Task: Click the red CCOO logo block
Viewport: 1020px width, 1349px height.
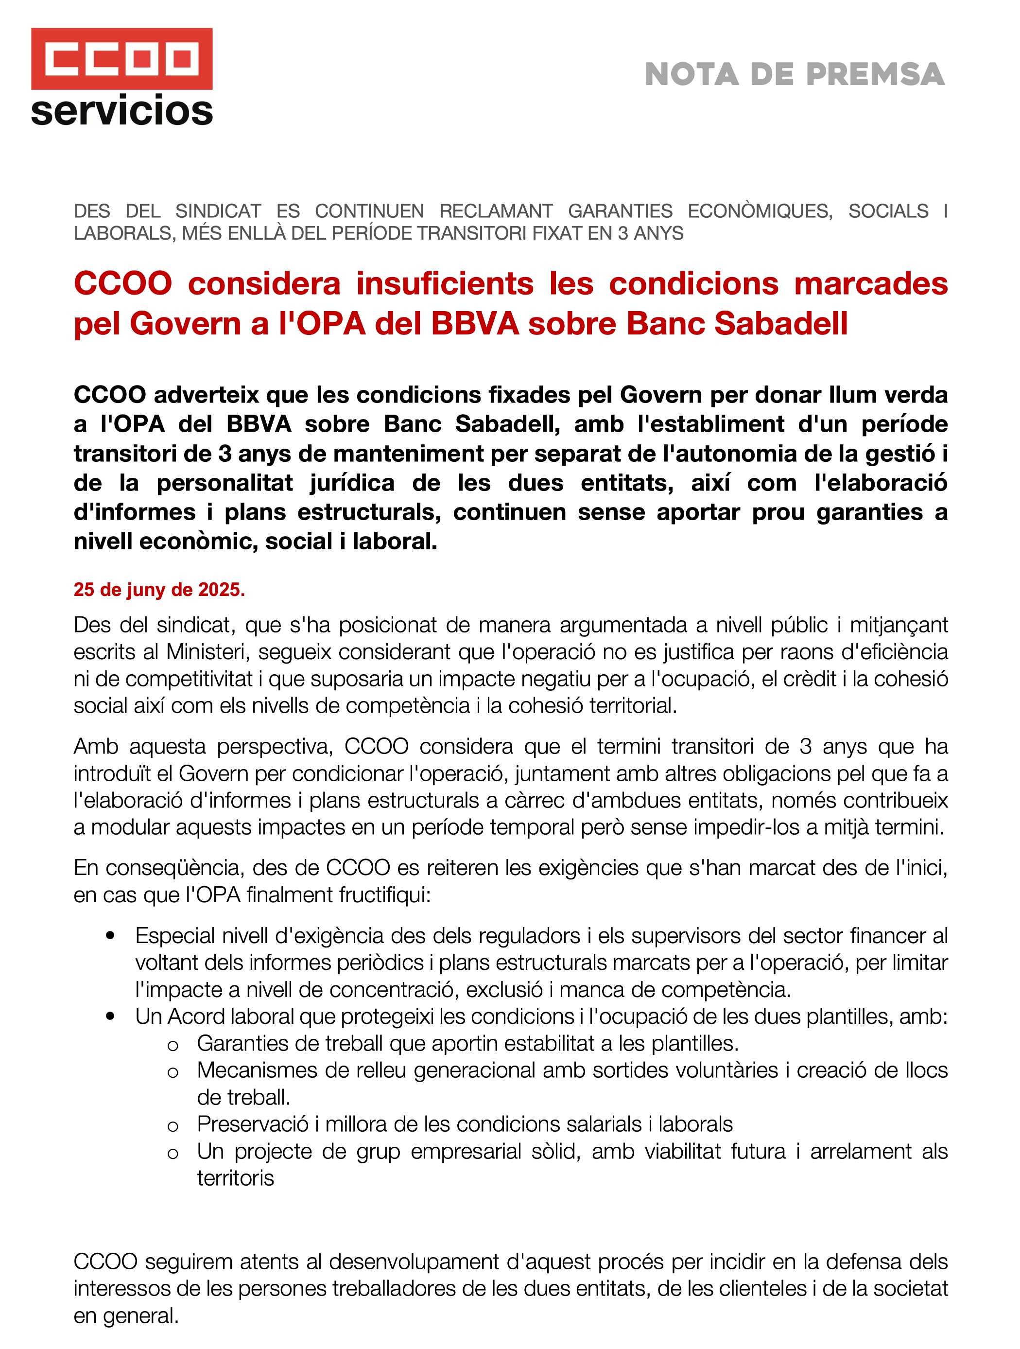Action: click(122, 58)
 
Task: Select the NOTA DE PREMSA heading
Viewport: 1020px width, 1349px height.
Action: click(795, 74)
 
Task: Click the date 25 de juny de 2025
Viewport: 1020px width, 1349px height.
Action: click(159, 590)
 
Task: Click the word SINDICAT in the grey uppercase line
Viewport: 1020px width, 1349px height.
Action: click(218, 211)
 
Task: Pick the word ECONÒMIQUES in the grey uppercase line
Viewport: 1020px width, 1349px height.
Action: click(760, 211)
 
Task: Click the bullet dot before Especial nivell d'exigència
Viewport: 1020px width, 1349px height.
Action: click(110, 935)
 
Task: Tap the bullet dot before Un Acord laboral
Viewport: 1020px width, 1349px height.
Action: click(110, 1016)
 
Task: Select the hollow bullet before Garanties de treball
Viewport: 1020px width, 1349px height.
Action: click(173, 1045)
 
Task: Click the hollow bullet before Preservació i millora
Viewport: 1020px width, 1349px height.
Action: click(173, 1126)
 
